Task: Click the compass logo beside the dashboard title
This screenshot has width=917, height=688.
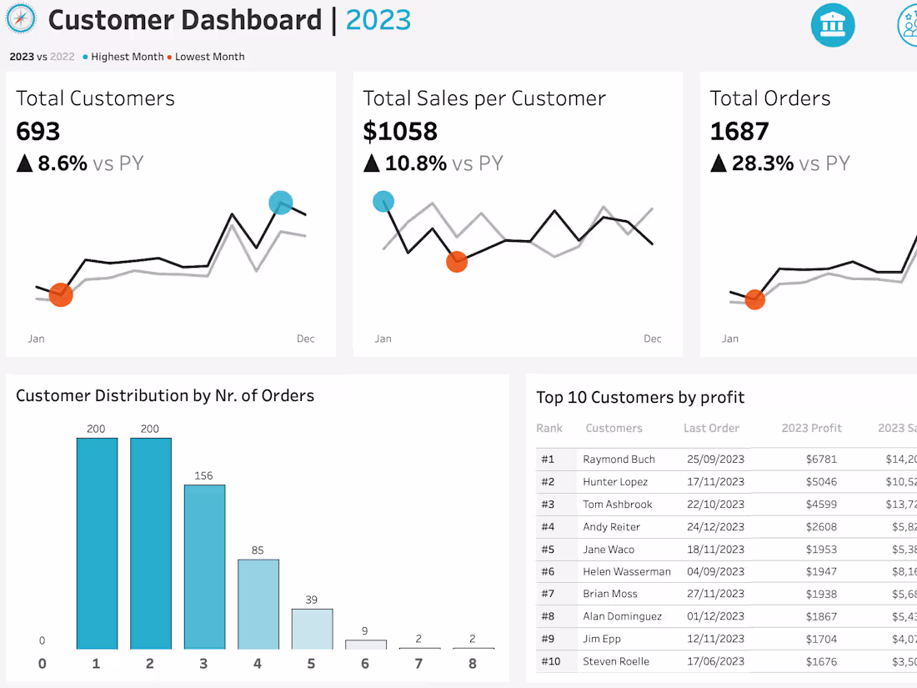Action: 21,19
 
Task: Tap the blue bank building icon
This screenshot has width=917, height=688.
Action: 833,25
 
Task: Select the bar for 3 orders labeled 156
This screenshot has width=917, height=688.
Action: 204,566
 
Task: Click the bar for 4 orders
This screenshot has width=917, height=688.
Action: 258,604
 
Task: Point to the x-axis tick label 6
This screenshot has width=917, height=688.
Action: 365,664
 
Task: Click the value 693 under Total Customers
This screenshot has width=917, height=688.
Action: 38,131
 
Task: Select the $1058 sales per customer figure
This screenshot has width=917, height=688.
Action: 400,131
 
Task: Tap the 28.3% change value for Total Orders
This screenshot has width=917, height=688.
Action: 763,163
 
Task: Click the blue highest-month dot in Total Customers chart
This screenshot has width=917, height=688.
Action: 281,203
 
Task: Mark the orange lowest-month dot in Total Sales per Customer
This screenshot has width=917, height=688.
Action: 457,262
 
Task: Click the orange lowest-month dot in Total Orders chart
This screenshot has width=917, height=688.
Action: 754,299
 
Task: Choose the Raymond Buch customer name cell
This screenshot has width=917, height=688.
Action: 619,460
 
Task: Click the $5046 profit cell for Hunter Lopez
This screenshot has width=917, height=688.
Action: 821,482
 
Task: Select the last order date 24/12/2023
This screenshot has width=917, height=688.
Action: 715,527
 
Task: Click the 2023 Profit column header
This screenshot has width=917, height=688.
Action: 811,428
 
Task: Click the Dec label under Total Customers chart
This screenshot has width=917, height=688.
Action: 306,339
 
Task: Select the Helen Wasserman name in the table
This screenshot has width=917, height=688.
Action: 626,572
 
